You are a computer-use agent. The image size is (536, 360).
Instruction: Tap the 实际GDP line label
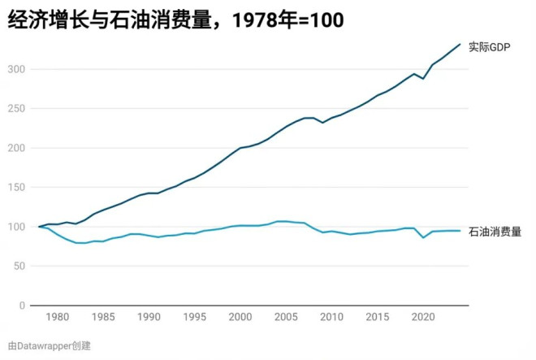point(489,47)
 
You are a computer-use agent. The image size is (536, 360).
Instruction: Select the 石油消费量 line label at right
point(495,232)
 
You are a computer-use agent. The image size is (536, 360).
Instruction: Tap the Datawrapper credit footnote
point(50,345)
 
